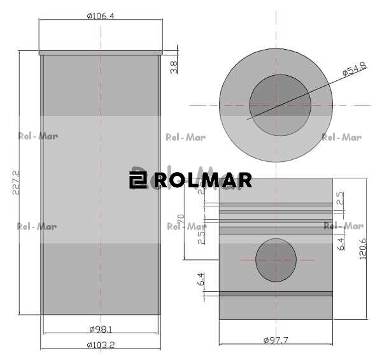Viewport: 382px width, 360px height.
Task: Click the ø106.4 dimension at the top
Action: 100,15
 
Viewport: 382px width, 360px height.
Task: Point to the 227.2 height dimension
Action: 16,182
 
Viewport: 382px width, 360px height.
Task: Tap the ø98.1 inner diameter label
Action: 101,329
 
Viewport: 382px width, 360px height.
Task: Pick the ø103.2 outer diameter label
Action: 101,345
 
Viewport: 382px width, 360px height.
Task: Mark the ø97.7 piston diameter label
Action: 276,340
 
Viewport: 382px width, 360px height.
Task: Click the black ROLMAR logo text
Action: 202,180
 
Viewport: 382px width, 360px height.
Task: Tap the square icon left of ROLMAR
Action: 138,180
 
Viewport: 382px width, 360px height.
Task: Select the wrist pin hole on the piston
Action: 276,260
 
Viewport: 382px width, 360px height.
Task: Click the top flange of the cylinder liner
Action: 101,53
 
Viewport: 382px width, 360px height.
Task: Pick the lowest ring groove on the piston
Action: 276,294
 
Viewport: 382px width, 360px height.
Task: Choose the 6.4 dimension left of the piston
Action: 201,279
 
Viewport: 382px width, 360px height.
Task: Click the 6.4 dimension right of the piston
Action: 341,243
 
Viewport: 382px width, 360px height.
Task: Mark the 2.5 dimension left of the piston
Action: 201,237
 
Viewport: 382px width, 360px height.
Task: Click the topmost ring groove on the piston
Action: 276,205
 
